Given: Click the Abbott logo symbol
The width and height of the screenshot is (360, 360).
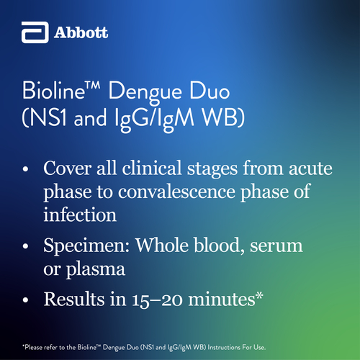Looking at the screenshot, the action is click(x=35, y=32).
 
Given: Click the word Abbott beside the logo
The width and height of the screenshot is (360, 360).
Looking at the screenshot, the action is click(x=81, y=32).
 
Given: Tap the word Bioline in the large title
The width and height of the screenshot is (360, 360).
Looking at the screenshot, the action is click(x=53, y=91).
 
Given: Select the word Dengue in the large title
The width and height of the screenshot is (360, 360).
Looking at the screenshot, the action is click(x=145, y=93).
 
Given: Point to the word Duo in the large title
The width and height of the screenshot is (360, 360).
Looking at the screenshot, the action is click(x=210, y=91).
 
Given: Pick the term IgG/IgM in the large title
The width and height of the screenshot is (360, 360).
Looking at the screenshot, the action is click(x=154, y=120).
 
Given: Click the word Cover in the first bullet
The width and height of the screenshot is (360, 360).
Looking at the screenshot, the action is click(x=68, y=168).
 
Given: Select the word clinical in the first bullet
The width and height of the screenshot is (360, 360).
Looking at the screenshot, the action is click(x=152, y=168).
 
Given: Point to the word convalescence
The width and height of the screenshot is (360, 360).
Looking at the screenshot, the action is click(x=176, y=192).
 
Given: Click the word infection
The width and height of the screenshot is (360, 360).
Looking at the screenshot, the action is click(x=80, y=214).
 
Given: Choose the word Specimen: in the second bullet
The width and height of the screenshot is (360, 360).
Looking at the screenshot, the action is click(x=86, y=246).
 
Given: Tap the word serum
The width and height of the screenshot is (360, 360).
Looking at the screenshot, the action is click(x=276, y=246).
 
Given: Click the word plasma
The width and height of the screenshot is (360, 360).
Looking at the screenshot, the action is click(x=96, y=269).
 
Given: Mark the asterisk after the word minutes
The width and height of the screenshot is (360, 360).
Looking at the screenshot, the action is click(x=259, y=296).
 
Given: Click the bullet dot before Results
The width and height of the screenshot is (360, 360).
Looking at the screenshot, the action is click(x=25, y=300).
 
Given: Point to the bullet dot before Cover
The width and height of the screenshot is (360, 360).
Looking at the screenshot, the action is click(x=25, y=169).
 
